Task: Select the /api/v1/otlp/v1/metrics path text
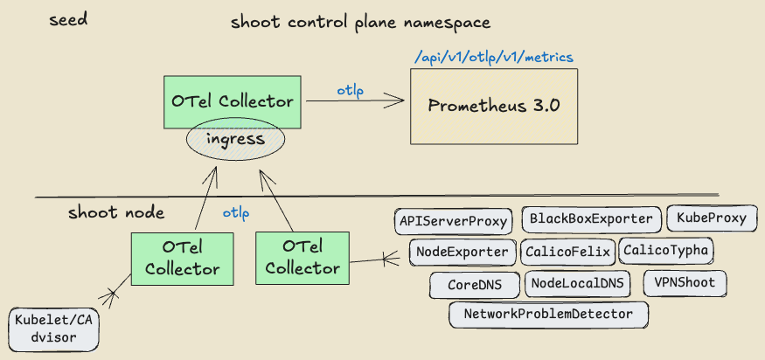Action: pyautogui.click(x=494, y=58)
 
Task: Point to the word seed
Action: pyautogui.click(x=68, y=19)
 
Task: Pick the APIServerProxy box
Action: pyautogui.click(x=453, y=221)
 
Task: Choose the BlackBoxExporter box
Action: pyautogui.click(x=591, y=219)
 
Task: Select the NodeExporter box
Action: pyautogui.click(x=462, y=253)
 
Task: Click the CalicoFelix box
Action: pyautogui.click(x=568, y=253)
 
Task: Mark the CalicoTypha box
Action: pyautogui.click(x=666, y=251)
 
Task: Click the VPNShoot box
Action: pyautogui.click(x=685, y=283)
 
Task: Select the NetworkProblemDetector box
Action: pyautogui.click(x=549, y=314)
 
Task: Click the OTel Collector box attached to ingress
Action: pyautogui.click(x=233, y=101)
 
